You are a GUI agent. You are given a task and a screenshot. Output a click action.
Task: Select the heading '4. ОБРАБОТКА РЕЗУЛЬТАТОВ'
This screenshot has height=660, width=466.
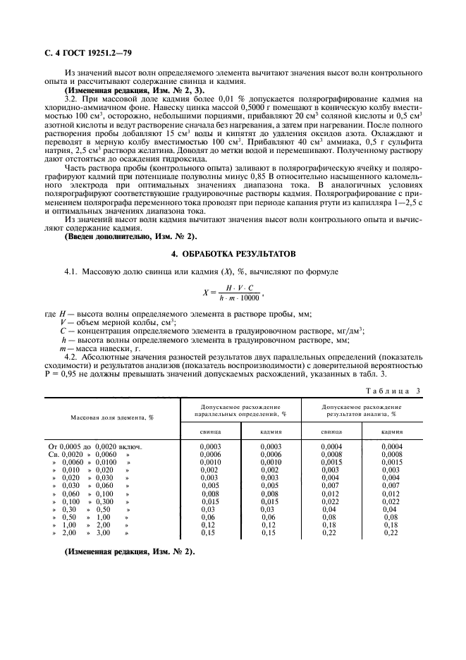pos(233,252)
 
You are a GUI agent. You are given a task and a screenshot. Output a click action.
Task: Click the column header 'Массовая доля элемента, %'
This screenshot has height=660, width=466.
pos(112,417)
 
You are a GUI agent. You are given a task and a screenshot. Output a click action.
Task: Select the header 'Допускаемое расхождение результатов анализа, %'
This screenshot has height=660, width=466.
pos(362,410)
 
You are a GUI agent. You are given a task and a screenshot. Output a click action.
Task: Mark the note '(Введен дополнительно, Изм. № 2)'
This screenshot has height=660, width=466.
pos(131,236)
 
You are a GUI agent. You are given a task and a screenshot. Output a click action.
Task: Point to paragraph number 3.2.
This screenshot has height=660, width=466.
pos(70,100)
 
